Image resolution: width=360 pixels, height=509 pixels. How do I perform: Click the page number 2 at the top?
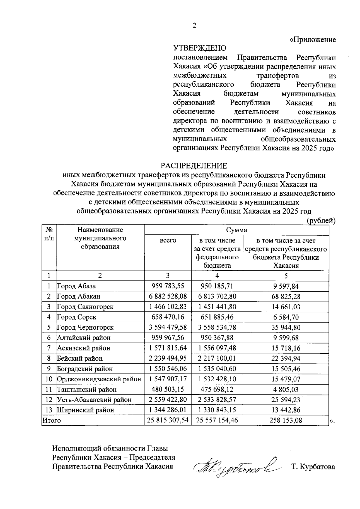point(194,26)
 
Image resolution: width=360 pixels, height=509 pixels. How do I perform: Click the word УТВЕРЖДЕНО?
point(199,48)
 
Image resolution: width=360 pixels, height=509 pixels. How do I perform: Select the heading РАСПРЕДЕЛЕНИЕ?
point(194,166)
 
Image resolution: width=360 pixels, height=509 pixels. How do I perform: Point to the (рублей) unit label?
point(320,221)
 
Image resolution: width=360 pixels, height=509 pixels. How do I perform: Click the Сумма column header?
point(236,230)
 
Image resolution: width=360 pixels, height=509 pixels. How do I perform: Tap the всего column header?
point(168,240)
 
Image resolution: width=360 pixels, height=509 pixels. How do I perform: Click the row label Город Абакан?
point(79,296)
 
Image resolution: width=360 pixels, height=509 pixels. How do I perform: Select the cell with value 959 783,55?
point(168,286)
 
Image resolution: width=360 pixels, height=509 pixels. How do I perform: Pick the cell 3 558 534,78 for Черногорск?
point(217,327)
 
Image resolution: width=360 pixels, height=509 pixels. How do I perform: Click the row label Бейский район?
point(80,358)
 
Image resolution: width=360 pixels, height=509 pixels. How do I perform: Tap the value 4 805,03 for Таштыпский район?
point(286,389)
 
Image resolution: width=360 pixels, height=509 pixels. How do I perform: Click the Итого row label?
point(52,420)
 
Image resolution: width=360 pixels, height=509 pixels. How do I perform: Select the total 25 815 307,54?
point(168,420)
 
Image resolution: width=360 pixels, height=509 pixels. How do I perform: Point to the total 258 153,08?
point(286,420)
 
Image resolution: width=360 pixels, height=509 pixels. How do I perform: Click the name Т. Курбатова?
point(313,467)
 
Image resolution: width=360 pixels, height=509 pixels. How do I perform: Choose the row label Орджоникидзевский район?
point(99,379)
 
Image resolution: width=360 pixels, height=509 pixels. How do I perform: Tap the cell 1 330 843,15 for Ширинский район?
point(217,410)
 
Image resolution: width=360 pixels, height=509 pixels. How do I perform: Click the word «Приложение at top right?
point(313,40)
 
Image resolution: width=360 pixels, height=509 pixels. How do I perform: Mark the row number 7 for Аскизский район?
point(49,348)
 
